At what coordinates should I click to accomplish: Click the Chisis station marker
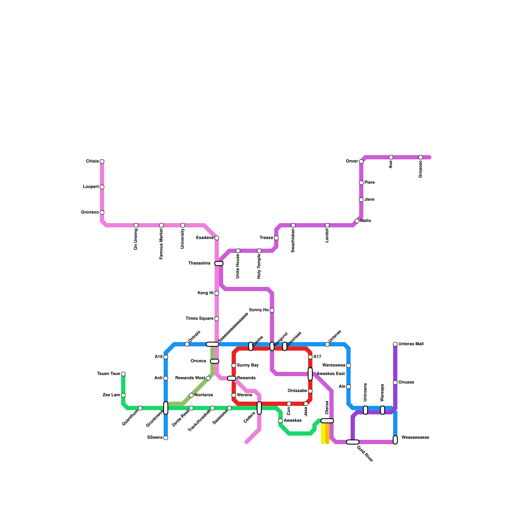pos(102,162)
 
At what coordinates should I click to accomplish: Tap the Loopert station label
pos(91,187)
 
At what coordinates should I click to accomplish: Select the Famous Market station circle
pos(161,225)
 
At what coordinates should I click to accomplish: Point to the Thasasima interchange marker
pos(219,264)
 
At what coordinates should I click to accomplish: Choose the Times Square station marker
pos(217,319)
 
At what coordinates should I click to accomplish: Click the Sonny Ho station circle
pos(272,310)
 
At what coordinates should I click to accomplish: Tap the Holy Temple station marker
pos(259,251)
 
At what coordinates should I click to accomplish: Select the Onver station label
pos(352,161)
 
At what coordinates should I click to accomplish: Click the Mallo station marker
pos(357,221)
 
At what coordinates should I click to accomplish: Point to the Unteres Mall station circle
pos(395,344)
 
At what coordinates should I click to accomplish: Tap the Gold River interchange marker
pos(353,442)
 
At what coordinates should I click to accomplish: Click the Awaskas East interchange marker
pos(310,374)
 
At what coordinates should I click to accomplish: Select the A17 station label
pos(317,357)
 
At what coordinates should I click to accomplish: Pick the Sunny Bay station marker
pos(234,366)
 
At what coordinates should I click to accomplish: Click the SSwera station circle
pos(166,438)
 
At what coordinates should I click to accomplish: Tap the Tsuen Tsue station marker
pos(123,374)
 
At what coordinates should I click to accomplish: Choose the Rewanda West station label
pos(190,378)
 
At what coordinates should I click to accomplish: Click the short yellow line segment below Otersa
pos(323,433)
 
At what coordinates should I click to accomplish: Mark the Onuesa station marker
pos(395,382)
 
